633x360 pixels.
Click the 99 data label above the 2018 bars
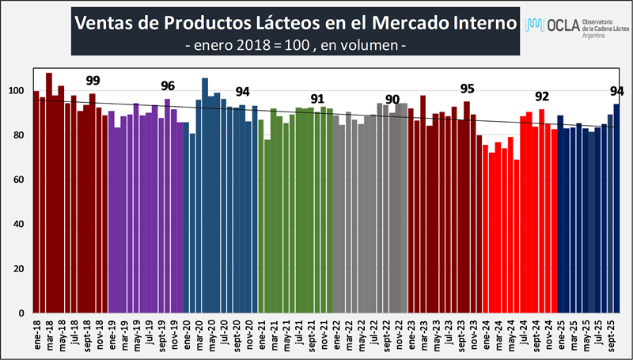coord(93,80)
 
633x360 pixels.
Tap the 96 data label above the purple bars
coord(168,85)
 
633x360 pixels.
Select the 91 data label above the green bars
coord(317,98)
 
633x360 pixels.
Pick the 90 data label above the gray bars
coord(392,98)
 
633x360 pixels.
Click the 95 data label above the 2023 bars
coord(467,88)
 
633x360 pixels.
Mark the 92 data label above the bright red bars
coord(542,96)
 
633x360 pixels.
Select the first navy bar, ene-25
coord(560,214)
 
